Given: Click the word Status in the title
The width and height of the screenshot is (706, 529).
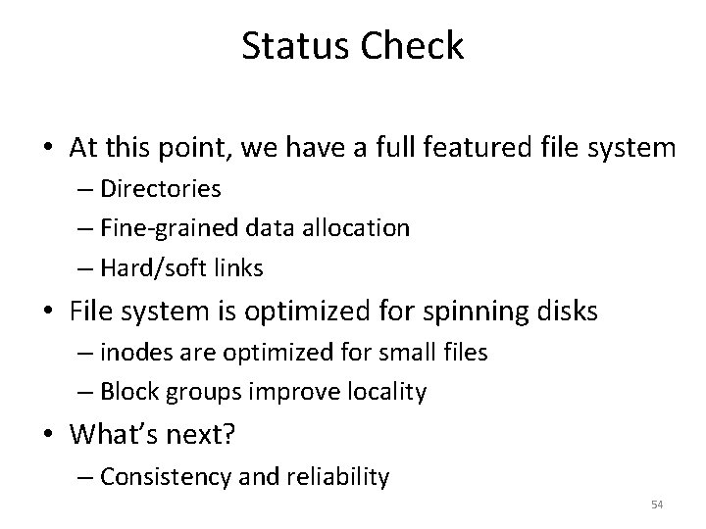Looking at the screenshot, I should pos(290,47).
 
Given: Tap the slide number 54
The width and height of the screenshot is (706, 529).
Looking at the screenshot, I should pos(657,504).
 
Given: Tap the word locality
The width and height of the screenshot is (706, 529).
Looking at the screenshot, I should pos(384,393).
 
